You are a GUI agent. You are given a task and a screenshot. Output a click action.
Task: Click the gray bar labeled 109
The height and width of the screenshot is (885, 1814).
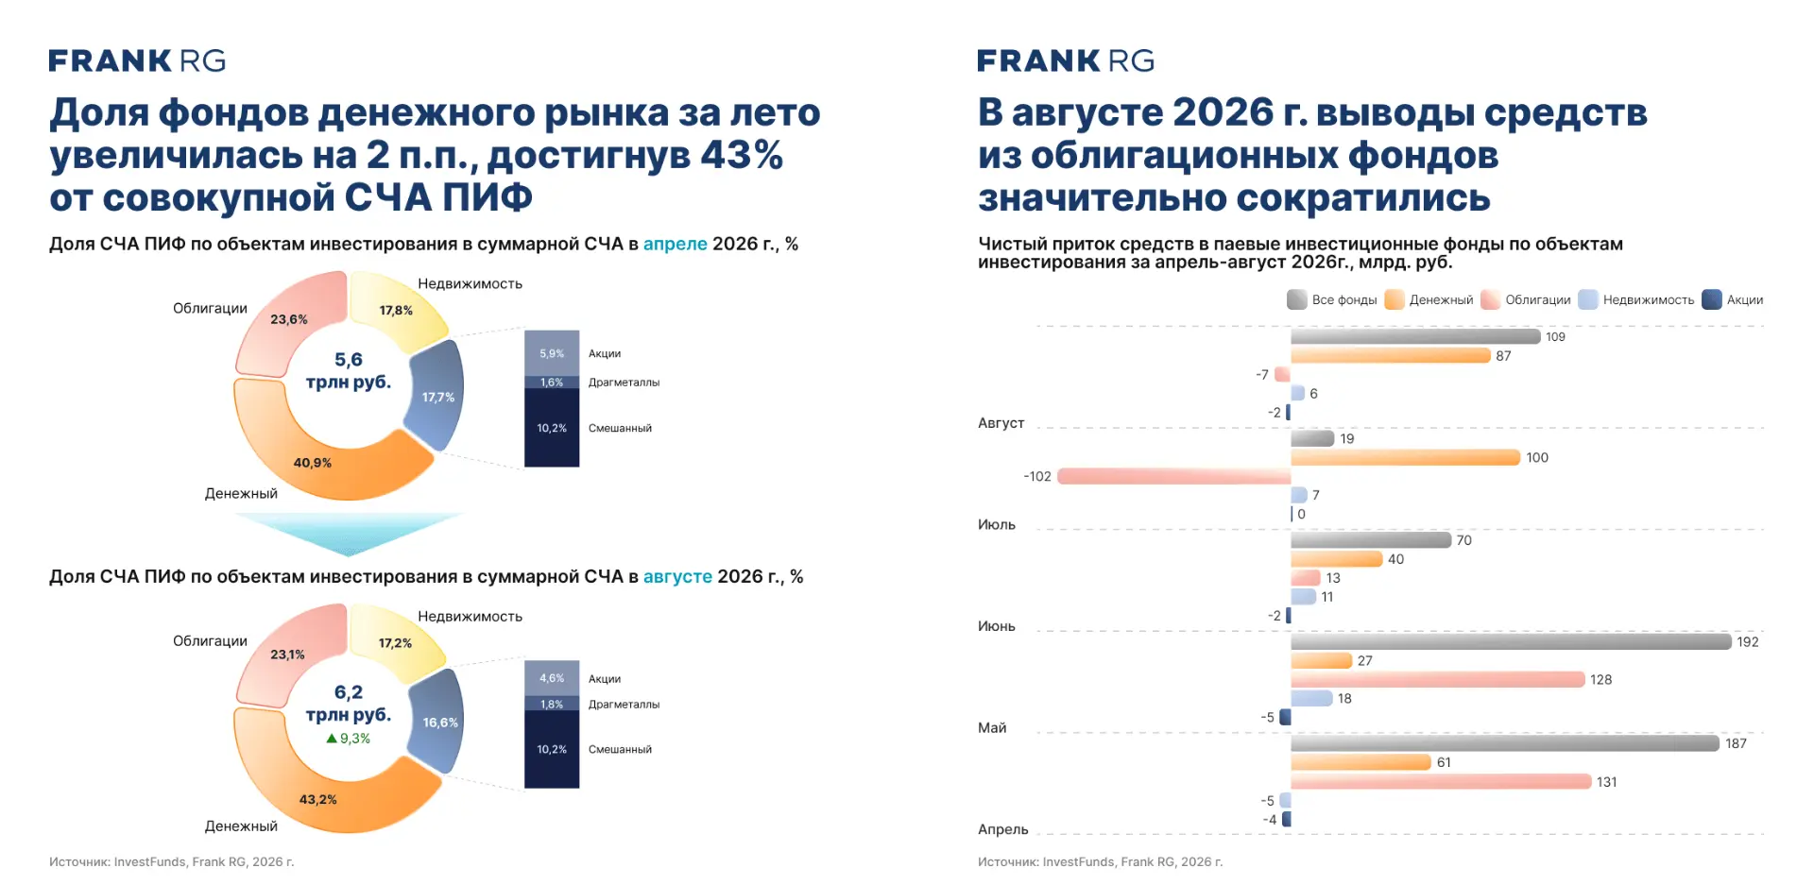[x=1415, y=336]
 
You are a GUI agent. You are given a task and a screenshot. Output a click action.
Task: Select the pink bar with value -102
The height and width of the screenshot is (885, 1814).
[x=1174, y=476]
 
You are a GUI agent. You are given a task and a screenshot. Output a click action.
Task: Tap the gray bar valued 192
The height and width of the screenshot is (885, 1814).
[x=1511, y=641]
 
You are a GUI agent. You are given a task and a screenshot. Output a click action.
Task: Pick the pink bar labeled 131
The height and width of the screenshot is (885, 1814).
[x=1441, y=781]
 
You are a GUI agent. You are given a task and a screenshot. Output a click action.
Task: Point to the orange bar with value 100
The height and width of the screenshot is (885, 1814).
[x=1405, y=457]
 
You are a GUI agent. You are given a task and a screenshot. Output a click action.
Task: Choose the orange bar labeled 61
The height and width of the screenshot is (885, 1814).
[x=1360, y=762]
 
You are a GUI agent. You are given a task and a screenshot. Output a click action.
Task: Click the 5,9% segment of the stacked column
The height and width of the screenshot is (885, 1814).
[x=552, y=353]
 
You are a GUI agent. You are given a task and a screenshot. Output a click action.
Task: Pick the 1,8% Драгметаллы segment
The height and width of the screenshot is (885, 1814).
[x=552, y=704]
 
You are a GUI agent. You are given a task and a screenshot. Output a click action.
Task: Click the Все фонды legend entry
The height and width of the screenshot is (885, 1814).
[x=1332, y=299]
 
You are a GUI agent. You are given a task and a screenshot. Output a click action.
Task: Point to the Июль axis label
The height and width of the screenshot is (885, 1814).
[x=997, y=524]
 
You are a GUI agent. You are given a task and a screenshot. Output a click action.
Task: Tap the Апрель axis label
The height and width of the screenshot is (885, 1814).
[x=1003, y=829]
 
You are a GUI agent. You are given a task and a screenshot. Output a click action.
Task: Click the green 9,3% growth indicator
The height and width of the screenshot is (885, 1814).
[x=348, y=739]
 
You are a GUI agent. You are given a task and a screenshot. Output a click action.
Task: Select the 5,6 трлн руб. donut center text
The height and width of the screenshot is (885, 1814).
[x=349, y=370]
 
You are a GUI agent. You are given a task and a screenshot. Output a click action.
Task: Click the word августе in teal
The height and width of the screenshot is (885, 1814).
[x=677, y=576]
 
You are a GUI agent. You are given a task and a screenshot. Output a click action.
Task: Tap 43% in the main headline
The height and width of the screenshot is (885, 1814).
[x=742, y=155]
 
